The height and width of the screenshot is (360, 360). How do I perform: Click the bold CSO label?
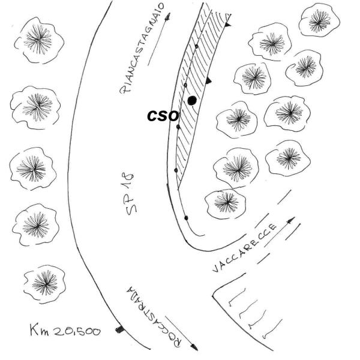(163, 116)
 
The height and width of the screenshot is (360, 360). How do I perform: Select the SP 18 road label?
(130, 194)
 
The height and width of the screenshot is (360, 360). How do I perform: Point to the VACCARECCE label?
(245, 248)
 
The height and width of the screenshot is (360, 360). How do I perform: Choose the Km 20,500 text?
(65, 331)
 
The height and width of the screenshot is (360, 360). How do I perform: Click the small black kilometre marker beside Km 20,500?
(119, 329)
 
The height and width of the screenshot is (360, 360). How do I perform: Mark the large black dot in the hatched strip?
(192, 100)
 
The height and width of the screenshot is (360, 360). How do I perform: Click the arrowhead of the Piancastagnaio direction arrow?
(168, 16)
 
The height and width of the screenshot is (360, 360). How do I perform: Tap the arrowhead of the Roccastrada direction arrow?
(194, 347)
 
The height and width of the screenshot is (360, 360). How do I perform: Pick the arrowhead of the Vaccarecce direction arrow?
(291, 220)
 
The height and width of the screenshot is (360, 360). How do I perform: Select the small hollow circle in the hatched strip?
(186, 85)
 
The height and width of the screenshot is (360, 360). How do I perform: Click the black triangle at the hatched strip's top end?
(227, 24)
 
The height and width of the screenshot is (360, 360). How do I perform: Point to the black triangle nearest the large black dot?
(208, 80)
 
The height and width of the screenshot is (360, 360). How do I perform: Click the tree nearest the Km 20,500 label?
(44, 284)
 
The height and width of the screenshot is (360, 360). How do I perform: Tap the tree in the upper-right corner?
(319, 20)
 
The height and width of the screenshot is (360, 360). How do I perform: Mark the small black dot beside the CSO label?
(178, 127)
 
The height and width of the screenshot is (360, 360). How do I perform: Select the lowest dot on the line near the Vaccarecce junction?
(186, 218)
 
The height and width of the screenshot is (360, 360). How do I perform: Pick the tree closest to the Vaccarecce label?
(226, 203)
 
